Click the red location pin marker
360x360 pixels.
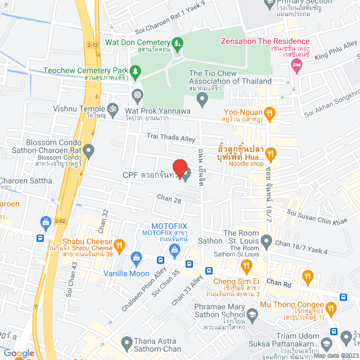[x=179, y=169]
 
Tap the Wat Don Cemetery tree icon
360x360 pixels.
[x=177, y=43]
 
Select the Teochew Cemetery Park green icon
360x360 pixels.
[x=136, y=71]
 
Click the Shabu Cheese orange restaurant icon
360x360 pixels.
[x=119, y=245]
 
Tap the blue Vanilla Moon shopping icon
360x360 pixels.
[x=136, y=258]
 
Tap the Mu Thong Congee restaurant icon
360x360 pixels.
[x=331, y=308]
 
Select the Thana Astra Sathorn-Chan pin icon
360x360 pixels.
[x=127, y=341]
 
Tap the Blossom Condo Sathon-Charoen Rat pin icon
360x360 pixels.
[x=89, y=150]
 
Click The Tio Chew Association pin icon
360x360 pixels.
[x=202, y=100]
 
